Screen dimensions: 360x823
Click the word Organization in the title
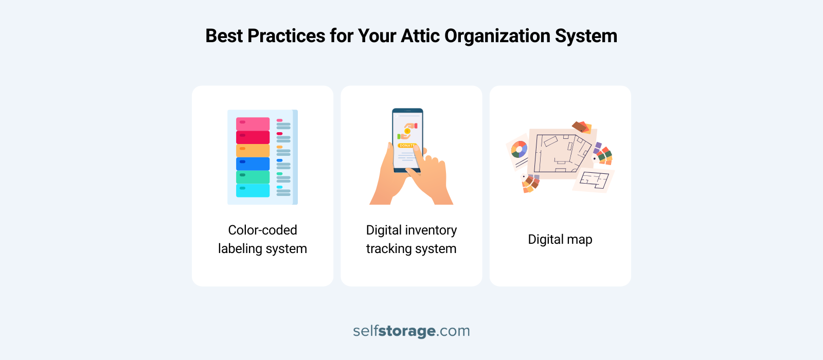(497, 36)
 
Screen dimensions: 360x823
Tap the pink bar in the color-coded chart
(253, 124)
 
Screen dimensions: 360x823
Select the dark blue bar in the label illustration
(253, 164)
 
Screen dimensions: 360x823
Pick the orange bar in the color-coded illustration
(253, 150)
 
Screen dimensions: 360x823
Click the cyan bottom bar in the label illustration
(253, 190)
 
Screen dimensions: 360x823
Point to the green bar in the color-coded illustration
(253, 177)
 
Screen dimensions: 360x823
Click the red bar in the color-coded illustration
(253, 137)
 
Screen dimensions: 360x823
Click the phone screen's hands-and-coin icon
(407, 131)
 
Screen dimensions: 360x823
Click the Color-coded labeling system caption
(262, 239)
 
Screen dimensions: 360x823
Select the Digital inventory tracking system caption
(411, 239)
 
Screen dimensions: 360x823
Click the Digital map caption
(560, 240)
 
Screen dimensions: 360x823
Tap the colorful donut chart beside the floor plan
(519, 150)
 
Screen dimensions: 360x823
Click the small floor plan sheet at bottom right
(594, 181)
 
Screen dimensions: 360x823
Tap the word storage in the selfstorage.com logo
(407, 331)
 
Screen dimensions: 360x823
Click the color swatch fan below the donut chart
(530, 183)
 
